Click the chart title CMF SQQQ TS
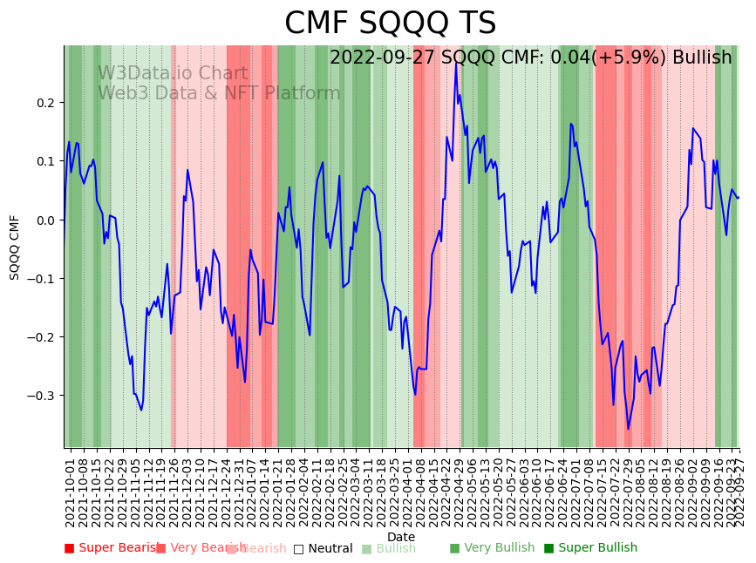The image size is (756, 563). point(390,24)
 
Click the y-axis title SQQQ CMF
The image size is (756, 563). point(15,247)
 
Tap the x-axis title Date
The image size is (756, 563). point(401,537)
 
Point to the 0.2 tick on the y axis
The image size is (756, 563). point(44,103)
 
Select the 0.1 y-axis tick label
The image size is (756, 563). point(44,161)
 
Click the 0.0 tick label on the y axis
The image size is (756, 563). point(44,220)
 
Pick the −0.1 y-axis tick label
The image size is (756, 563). point(41,278)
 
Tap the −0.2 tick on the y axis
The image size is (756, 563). point(41,336)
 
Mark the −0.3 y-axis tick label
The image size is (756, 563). point(41,395)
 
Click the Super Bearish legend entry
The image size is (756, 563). point(113,548)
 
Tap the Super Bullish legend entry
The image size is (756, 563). point(590,548)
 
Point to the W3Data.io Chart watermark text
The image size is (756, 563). point(173,73)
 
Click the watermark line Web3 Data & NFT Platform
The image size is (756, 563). point(219,93)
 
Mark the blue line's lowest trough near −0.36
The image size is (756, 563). point(628,429)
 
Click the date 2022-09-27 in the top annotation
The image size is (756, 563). point(383,58)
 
